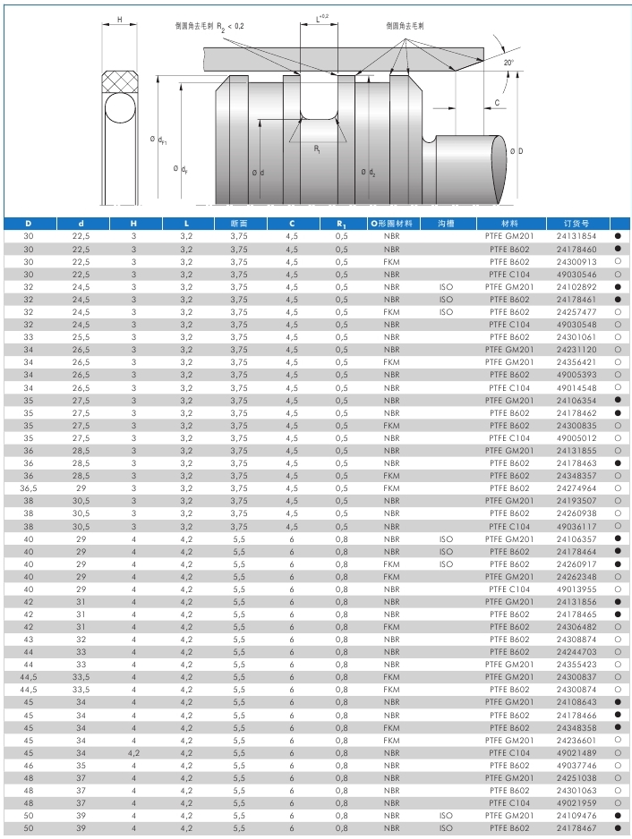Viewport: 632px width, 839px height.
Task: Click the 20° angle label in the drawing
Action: (x=508, y=64)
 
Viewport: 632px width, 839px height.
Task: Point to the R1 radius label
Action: (x=318, y=150)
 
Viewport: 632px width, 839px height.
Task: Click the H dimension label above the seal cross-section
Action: (x=120, y=19)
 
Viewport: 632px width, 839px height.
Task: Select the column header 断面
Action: (x=238, y=223)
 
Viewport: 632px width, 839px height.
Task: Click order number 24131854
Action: (x=576, y=236)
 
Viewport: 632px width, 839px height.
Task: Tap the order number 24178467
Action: (x=576, y=828)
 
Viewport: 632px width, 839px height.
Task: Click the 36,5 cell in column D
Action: (x=28, y=488)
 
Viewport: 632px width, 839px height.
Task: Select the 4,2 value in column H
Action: (x=133, y=753)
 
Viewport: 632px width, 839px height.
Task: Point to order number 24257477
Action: (x=576, y=312)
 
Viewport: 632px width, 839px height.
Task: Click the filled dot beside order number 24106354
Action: (x=618, y=401)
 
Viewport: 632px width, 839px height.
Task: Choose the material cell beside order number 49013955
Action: (x=509, y=589)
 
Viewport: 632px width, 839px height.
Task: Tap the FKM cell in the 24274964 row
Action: (x=391, y=488)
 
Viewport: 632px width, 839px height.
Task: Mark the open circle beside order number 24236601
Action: (x=618, y=741)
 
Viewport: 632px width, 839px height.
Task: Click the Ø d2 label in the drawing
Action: (x=368, y=172)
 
